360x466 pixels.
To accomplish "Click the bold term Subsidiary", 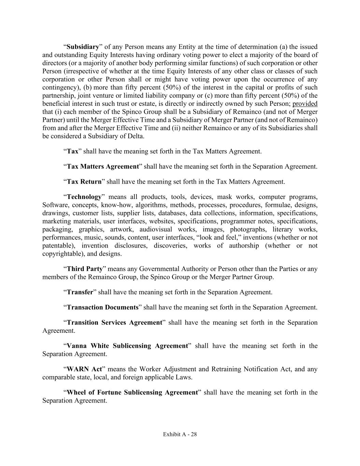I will (x=83, y=47).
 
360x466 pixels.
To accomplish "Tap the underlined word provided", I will (x=305, y=104).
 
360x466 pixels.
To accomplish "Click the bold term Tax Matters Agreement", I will (x=103, y=167).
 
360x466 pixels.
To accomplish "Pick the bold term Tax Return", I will (x=84, y=182).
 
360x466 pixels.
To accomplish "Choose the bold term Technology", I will (x=84, y=197).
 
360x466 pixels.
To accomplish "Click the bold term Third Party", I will (x=85, y=269).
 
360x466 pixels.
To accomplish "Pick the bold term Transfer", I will (x=80, y=292).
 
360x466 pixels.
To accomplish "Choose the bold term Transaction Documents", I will (x=102, y=307).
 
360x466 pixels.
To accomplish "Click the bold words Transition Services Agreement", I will (x=114, y=323).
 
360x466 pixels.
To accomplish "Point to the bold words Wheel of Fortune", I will (x=94, y=392).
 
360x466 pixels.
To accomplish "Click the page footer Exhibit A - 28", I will (x=180, y=434).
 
